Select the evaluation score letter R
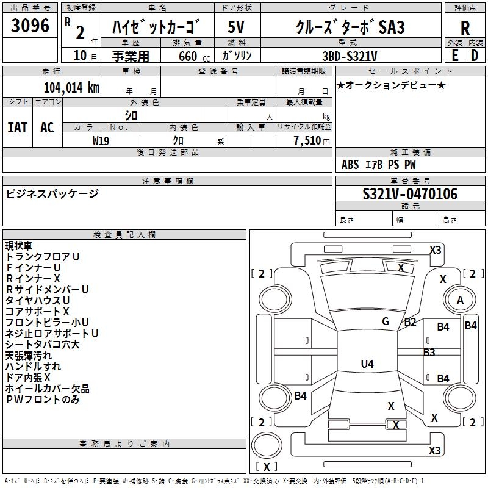[465, 28]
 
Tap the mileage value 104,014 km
[71, 87]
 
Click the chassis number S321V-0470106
[409, 195]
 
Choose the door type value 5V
[237, 27]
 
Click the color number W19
[101, 140]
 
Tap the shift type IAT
[17, 127]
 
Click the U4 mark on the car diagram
[367, 364]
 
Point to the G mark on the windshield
[386, 321]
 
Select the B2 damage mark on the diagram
[410, 322]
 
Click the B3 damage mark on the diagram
[429, 352]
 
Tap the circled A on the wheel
[460, 300]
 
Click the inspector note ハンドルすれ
[33, 367]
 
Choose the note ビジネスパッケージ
[52, 194]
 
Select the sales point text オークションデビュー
[391, 85]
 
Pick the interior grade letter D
[474, 56]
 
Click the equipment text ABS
[350, 165]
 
